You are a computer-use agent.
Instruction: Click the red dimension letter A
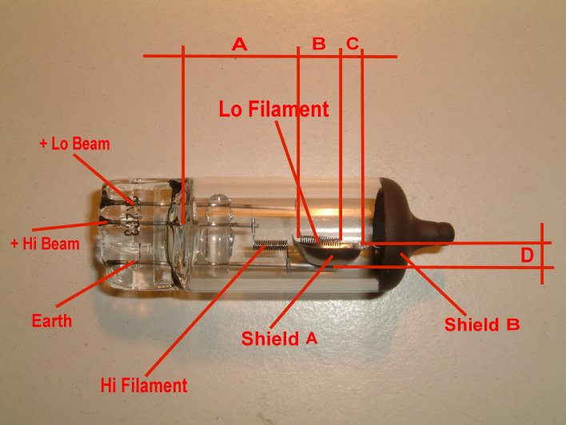[240, 45]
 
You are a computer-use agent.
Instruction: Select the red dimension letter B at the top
[319, 44]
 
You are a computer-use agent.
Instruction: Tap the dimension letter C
[353, 43]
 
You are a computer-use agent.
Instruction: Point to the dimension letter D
[527, 256]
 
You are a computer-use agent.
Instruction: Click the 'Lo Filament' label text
[274, 109]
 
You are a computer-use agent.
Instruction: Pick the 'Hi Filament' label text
[144, 385]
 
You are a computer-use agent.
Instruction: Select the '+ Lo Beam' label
[74, 144]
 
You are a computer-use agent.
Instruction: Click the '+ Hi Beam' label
[45, 244]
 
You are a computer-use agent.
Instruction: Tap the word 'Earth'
[52, 320]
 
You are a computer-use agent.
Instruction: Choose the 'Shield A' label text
[279, 339]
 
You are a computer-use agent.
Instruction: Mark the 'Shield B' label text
[482, 324]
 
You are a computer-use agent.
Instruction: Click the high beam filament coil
[270, 245]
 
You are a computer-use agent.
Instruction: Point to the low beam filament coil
[320, 240]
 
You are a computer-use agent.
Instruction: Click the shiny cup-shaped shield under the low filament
[327, 253]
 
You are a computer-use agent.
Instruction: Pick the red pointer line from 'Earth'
[94, 284]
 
